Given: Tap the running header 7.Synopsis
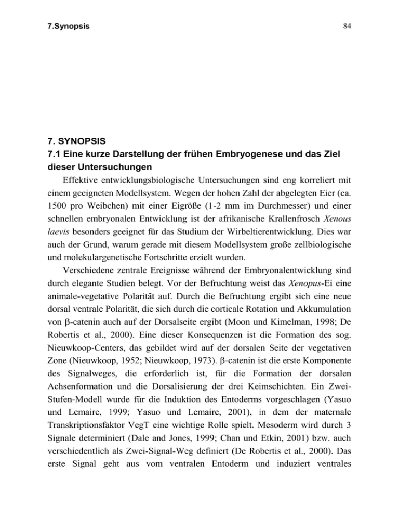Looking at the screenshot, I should pos(61,24).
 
